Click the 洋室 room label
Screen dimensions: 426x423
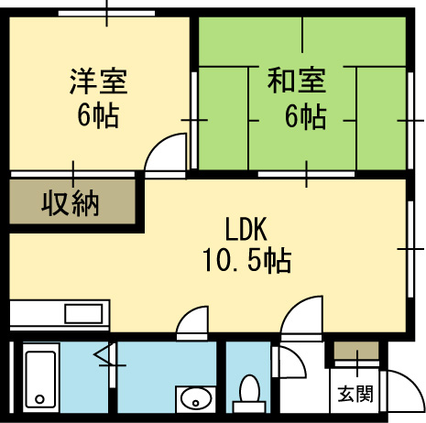coord(98,81)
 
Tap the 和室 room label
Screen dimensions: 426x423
coord(296,81)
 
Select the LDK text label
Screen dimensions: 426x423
coord(246,229)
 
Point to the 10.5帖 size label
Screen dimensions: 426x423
coord(246,260)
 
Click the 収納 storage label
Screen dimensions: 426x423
coord(71,203)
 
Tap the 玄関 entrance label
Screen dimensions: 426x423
coord(355,394)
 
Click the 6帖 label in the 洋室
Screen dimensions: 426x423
coord(98,116)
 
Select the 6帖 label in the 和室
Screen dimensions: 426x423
coord(305,117)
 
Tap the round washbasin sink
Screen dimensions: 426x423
coord(196,399)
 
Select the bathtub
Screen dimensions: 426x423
coord(40,378)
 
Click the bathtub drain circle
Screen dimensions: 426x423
coord(39,399)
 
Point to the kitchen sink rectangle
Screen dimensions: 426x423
coord(83,313)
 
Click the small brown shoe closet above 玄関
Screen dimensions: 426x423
coord(356,350)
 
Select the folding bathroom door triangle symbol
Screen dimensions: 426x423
coord(104,354)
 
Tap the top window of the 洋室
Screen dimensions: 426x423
coord(106,14)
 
